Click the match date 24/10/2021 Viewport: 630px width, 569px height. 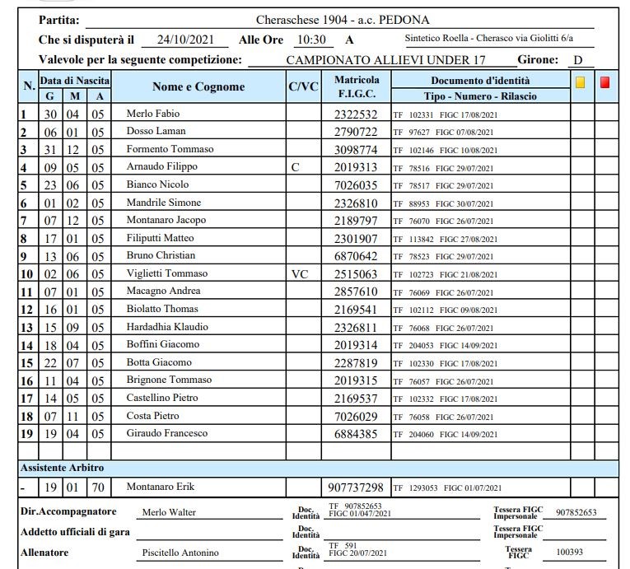pos(184,40)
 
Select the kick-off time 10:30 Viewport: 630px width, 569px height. pos(311,40)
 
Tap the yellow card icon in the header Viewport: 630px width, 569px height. pos(581,82)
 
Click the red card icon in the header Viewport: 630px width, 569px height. pos(605,82)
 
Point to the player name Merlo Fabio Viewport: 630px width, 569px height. pos(152,114)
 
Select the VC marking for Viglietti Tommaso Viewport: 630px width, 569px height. pos(301,273)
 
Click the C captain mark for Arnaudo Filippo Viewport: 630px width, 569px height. pos(296,166)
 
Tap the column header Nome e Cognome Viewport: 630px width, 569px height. pos(198,87)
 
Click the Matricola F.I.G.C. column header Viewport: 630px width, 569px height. pos(357,87)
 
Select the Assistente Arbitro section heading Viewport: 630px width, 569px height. pos(62,468)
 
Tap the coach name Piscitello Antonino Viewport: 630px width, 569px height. pos(181,553)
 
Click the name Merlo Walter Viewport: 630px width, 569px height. pos(169,512)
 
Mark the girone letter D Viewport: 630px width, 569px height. pos(578,60)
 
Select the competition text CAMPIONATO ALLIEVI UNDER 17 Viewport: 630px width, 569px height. pos(385,60)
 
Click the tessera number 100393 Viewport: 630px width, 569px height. pos(570,553)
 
